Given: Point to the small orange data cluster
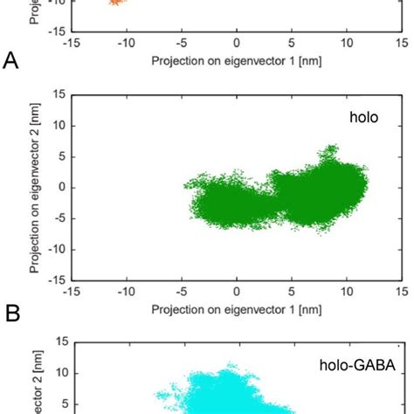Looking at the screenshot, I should (117, 3).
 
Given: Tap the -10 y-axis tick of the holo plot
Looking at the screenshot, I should (54, 249).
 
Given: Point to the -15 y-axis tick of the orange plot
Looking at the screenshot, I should (54, 31).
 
